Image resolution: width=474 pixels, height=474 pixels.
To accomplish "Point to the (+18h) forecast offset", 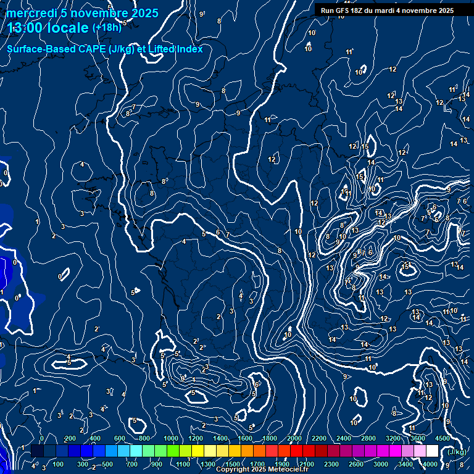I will coord(106,28).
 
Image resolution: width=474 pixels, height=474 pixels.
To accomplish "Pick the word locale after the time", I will coord(68,28).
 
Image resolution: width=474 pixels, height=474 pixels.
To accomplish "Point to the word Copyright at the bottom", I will coord(234,470).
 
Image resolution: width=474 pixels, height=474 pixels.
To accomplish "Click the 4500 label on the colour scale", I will coord(442,438).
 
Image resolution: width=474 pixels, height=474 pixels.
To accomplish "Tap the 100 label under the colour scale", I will coord(59,464).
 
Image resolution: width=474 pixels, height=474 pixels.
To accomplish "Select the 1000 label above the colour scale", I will coord(171,438).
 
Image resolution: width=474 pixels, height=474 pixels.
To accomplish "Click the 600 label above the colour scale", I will coord(120,438).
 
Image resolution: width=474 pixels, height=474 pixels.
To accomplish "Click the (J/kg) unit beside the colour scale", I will coord(456,452).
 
